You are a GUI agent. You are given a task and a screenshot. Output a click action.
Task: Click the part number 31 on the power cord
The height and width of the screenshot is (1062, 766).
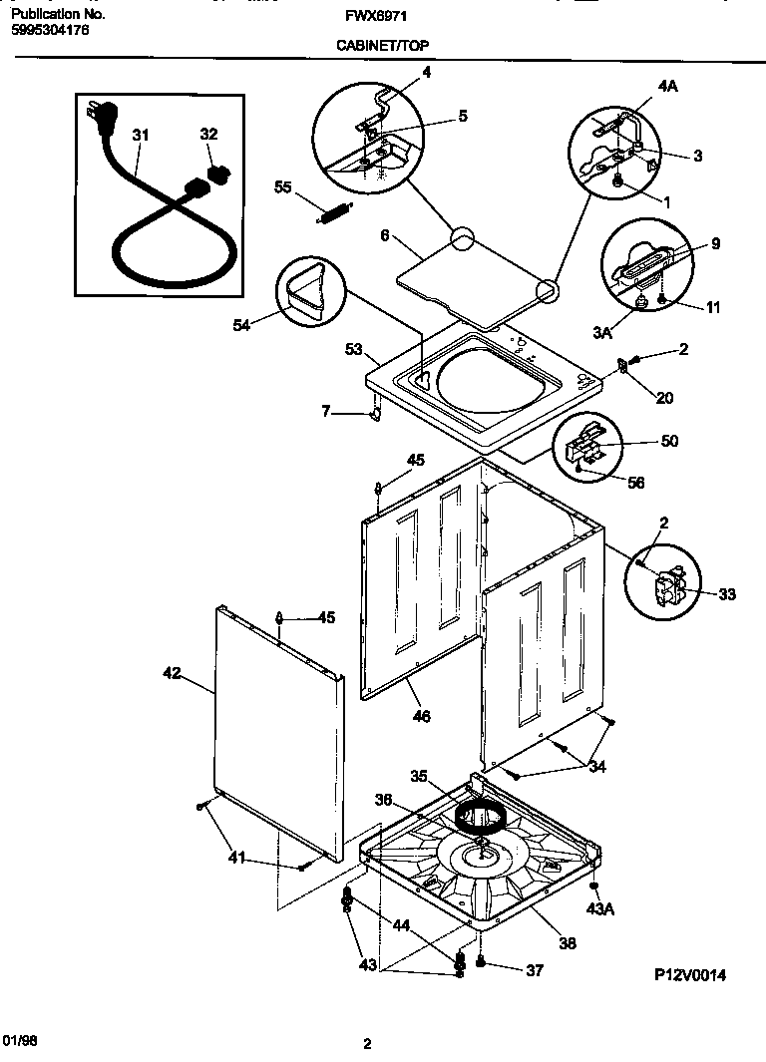[x=141, y=134]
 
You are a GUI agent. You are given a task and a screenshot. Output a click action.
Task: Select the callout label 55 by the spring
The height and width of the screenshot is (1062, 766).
[x=282, y=186]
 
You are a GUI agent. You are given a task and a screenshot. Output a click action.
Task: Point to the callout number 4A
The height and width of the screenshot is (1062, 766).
[x=667, y=87]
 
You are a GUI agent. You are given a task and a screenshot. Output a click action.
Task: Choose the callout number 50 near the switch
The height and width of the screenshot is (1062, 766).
[x=669, y=441]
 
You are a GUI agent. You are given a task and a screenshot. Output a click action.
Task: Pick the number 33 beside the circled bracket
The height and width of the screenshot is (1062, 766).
[x=726, y=594]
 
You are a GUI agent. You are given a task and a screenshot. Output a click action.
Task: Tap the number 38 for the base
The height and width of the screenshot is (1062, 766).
[x=567, y=941]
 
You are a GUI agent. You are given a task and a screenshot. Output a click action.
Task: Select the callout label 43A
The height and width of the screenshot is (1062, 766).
[x=598, y=908]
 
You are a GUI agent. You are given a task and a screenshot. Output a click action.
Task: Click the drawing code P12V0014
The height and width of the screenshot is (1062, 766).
[x=690, y=975]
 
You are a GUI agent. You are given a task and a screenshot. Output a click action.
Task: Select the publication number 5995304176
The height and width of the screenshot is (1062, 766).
[x=51, y=30]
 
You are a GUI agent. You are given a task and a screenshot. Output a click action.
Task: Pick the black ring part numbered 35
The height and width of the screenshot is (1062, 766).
[x=481, y=817]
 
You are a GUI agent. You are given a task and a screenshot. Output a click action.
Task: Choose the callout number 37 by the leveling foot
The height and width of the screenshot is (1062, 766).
[x=535, y=970]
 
